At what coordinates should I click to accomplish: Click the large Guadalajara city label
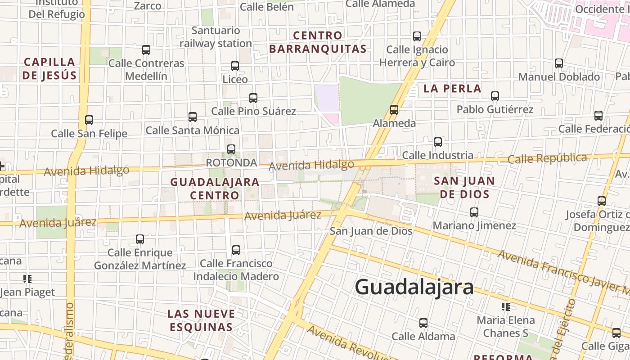[414, 287]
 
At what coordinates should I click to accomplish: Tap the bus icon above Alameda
[394, 109]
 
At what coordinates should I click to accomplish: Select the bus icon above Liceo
[235, 66]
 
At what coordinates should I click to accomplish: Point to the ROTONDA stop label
[231, 162]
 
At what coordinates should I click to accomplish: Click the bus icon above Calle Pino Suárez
[253, 98]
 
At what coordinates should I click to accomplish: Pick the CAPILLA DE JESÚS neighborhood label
[49, 68]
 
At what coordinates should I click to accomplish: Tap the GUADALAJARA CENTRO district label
[215, 189]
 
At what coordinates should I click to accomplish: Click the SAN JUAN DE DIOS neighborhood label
[464, 187]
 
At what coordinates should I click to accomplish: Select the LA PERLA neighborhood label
[452, 89]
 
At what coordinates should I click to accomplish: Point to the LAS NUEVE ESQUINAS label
[201, 320]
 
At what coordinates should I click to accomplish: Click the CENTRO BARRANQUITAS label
[318, 42]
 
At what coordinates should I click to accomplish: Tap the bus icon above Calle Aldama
[423, 323]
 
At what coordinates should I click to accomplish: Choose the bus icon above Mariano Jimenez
[474, 212]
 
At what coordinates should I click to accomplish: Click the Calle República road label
[547, 158]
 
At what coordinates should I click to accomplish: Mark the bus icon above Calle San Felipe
[89, 120]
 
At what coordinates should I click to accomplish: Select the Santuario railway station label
[216, 37]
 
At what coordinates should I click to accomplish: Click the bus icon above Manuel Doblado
[559, 63]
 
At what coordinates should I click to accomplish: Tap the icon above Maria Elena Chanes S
[506, 307]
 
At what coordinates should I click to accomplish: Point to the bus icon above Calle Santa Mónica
[193, 117]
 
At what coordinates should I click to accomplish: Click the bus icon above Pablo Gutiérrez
[495, 96]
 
